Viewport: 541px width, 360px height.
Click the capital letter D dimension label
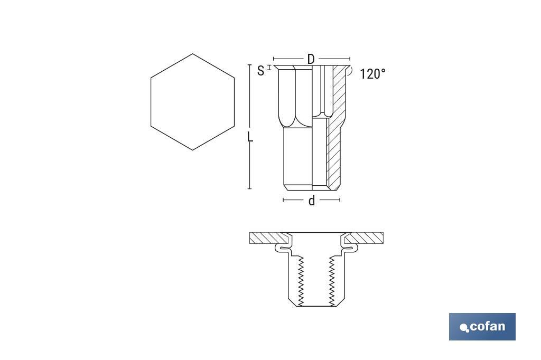tap(311, 59)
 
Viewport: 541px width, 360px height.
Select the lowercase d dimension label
tap(312, 201)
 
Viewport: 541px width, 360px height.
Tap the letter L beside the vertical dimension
tap(250, 137)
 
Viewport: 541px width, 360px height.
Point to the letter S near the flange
tap(260, 71)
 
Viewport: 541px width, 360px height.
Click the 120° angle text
tap(372, 74)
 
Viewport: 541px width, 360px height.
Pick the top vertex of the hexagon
tap(192, 54)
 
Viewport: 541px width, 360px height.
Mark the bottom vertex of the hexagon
tap(192, 150)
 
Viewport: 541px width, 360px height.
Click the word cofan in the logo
tap(487, 326)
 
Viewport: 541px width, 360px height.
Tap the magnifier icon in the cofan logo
tap(464, 328)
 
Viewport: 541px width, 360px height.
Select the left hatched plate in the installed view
tap(264, 238)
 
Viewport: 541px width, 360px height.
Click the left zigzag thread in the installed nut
tap(301, 280)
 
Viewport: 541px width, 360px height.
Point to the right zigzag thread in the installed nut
tap(332, 280)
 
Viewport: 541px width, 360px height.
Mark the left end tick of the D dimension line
tap(274, 59)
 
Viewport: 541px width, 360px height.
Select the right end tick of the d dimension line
tap(340, 200)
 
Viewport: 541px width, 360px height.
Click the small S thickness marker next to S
tap(269, 68)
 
